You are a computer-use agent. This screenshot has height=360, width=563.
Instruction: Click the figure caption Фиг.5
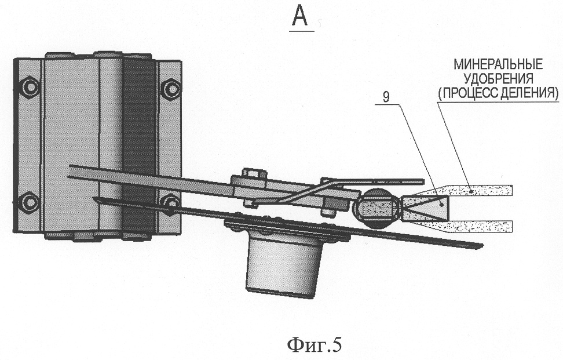315,345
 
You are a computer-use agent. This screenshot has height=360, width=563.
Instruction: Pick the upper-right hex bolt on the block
170,88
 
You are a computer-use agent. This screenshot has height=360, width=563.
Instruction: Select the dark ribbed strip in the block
139,145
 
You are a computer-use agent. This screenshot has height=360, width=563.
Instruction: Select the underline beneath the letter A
301,30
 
